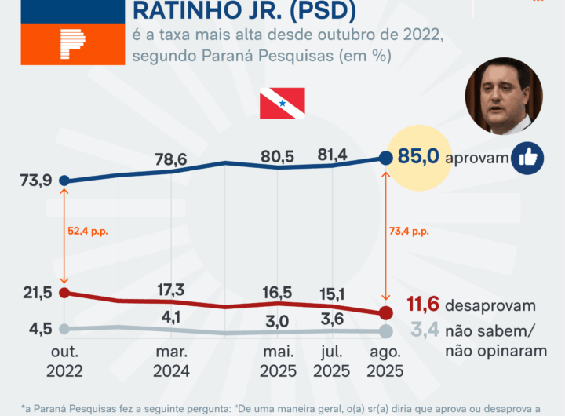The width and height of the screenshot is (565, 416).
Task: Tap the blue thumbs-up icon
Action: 527,159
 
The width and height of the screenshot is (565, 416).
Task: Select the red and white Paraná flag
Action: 282,103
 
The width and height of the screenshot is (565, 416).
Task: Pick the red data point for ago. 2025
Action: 385,312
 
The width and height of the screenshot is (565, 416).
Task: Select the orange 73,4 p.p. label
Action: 409,232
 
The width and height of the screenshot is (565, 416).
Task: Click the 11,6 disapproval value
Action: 422,305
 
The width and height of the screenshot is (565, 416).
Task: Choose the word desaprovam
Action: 490,305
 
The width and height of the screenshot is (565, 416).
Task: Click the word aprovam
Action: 476,159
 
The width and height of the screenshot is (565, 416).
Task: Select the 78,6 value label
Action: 169,159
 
